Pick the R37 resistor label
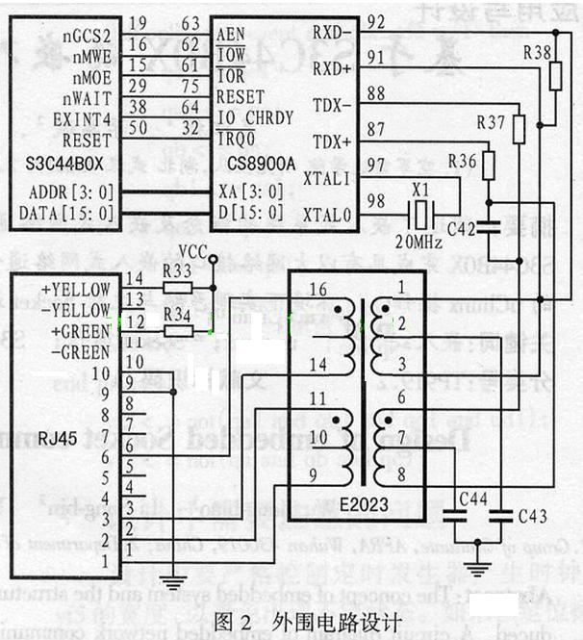(491, 123)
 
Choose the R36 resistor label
(463, 160)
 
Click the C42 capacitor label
(461, 229)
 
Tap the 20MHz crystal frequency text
(418, 238)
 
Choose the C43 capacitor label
(532, 517)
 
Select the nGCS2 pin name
(89, 36)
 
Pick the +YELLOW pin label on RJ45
(76, 290)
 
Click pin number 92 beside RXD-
(377, 22)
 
